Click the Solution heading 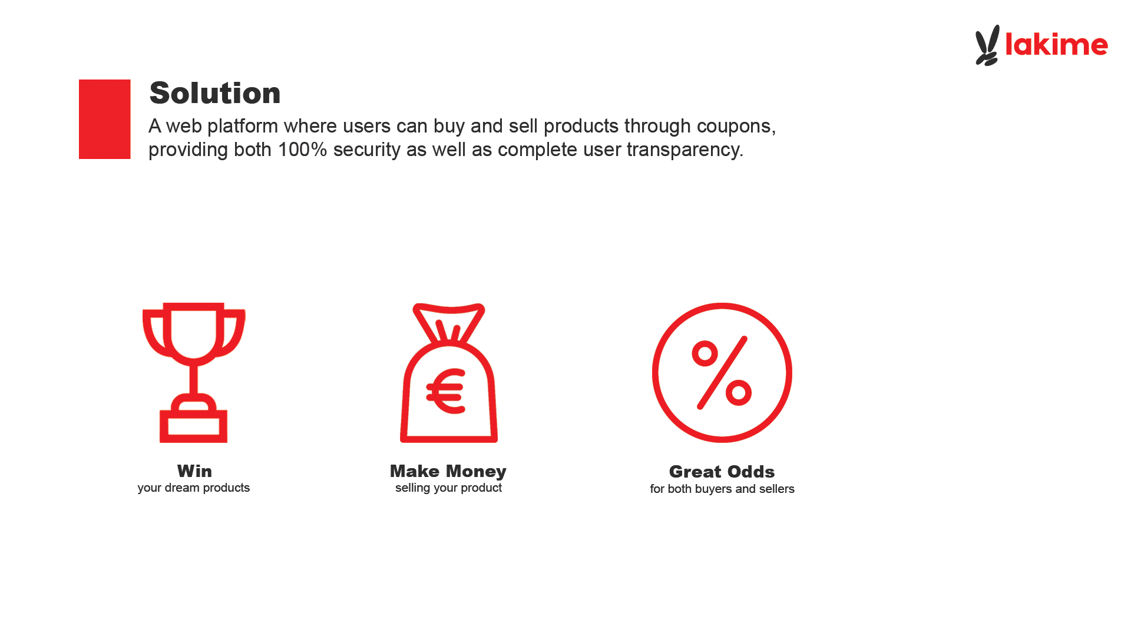click(215, 93)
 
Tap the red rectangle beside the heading click(105, 119)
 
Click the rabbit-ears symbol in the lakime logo click(987, 45)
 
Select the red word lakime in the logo click(1057, 44)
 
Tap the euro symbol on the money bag click(447, 391)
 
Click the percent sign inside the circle click(722, 373)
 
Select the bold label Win click(194, 471)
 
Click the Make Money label click(448, 471)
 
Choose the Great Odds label click(722, 472)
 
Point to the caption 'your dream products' click(194, 488)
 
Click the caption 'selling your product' click(448, 488)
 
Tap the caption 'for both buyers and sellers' click(722, 489)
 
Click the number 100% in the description click(302, 150)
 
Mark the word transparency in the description click(685, 150)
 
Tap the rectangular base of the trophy click(194, 426)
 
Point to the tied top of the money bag click(449, 322)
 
